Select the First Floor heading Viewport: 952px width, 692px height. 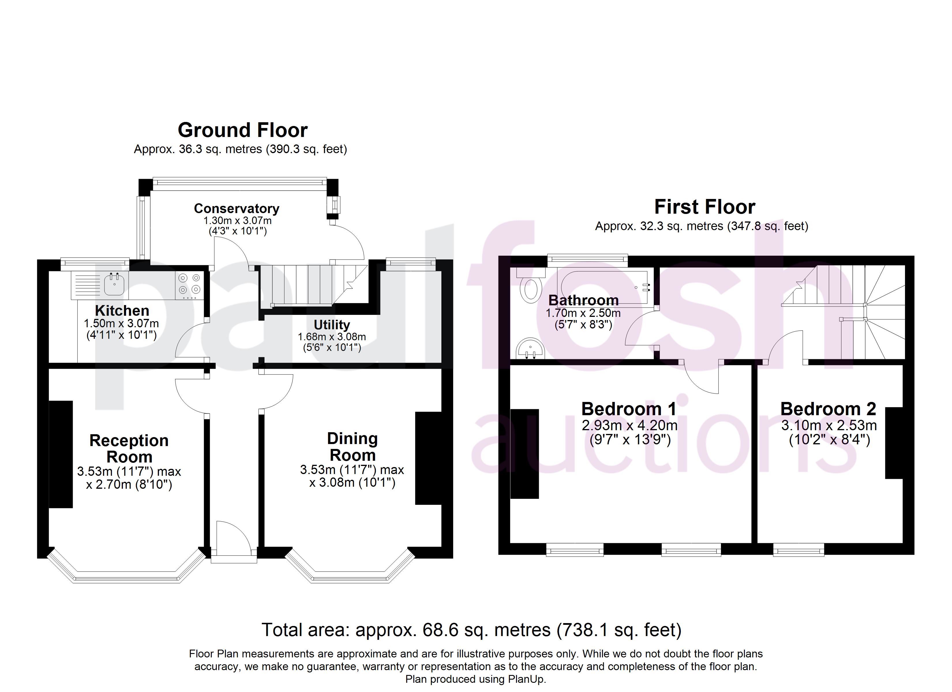tap(705, 207)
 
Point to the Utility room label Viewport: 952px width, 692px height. tap(331, 325)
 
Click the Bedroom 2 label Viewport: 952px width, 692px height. tap(828, 409)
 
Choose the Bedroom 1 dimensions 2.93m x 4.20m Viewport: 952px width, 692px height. tap(630, 426)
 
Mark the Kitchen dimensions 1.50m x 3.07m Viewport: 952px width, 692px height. tap(121, 324)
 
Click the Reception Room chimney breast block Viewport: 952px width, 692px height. tap(61, 454)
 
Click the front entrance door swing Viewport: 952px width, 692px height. tap(233, 537)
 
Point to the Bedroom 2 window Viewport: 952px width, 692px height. tap(798, 550)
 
